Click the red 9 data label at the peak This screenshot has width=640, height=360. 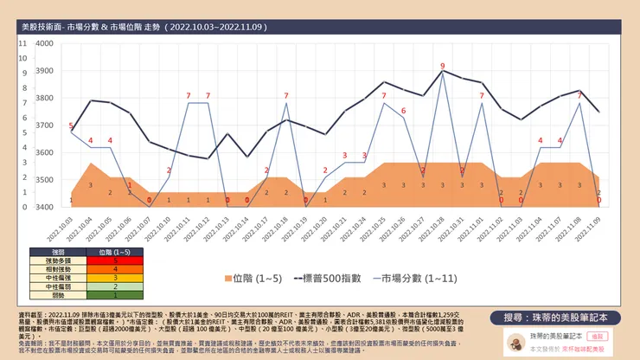click(x=442, y=66)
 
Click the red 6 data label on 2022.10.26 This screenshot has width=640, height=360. click(x=402, y=111)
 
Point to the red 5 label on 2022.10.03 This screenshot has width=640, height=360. click(x=71, y=126)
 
